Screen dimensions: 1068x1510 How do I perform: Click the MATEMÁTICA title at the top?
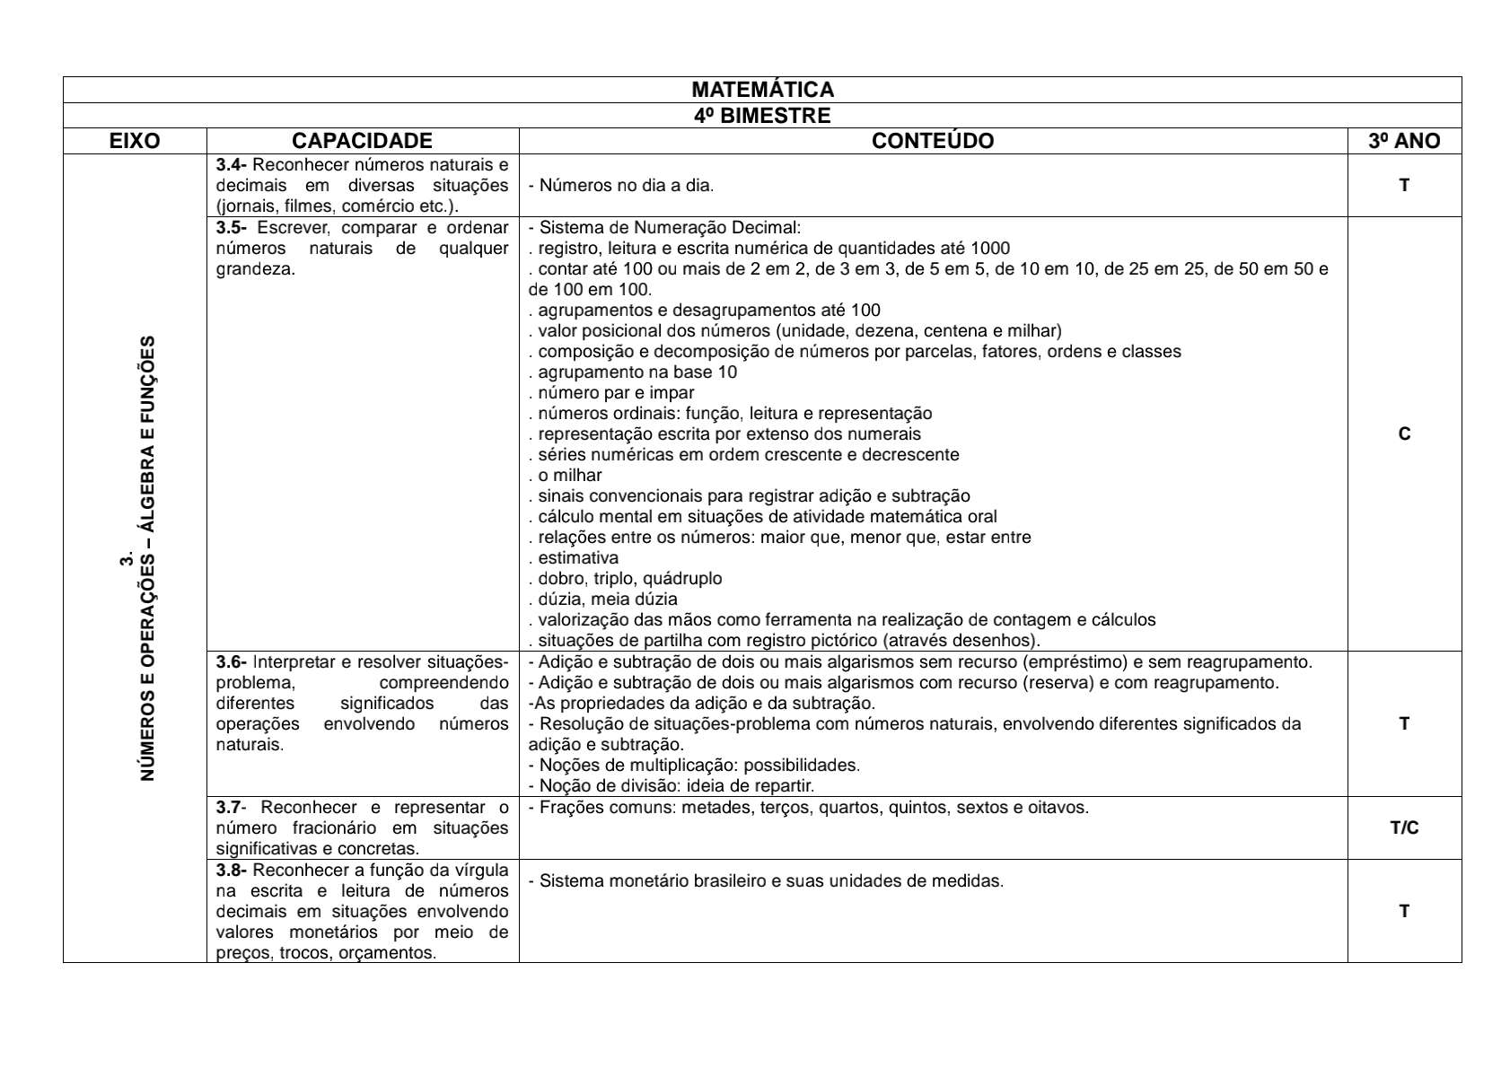point(762,90)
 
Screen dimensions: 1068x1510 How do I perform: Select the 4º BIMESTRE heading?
point(762,116)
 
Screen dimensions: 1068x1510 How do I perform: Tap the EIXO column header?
point(135,141)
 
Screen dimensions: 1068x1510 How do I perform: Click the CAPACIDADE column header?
point(362,141)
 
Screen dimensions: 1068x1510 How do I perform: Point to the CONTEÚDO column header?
point(933,141)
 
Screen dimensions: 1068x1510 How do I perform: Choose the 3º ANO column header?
point(1404,141)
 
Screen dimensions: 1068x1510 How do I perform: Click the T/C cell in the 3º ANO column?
point(1404,827)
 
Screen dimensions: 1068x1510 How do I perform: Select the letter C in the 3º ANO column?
point(1404,434)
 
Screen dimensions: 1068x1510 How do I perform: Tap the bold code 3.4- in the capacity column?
point(232,165)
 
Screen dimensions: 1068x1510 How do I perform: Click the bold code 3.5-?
point(232,228)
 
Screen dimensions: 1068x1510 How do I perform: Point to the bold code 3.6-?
point(232,662)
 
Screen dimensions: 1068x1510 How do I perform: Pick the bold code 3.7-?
point(232,808)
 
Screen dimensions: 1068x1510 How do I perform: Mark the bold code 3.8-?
point(232,871)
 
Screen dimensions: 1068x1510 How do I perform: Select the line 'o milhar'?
point(567,476)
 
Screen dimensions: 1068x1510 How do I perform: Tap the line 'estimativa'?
point(575,558)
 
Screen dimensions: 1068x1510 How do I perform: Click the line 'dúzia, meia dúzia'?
point(605,600)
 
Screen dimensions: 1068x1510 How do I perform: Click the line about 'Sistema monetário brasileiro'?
point(766,881)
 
